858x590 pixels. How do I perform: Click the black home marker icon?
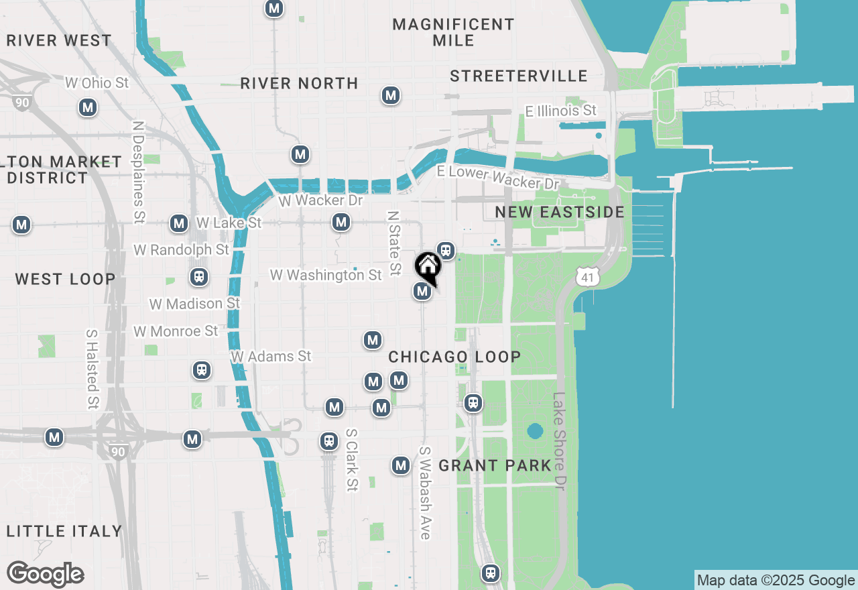coord(428,267)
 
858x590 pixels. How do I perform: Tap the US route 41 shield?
coord(587,276)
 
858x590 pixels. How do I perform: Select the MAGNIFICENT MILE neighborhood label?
coord(454,32)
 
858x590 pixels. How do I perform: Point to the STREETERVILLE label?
coord(519,76)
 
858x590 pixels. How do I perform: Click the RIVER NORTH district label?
coord(299,83)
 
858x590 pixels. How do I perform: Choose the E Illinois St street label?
coord(560,111)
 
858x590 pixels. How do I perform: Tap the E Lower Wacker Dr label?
coord(497,178)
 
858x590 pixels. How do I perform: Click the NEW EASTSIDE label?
coord(560,212)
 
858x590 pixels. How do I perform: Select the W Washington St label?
coord(326,275)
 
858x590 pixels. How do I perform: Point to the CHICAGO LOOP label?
coord(454,357)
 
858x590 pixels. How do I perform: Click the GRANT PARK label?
coord(495,465)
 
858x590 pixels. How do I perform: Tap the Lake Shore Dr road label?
coord(560,441)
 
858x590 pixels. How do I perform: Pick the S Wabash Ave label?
coord(424,492)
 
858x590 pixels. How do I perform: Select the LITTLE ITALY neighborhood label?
coord(65,531)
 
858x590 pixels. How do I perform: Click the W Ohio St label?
coord(97,83)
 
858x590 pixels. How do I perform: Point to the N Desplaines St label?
coord(139,172)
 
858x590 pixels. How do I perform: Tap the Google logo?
coord(45,575)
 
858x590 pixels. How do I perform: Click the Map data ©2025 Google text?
coord(776,581)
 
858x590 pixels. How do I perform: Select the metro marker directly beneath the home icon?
coord(422,291)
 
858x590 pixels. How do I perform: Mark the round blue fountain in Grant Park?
coord(534,430)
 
